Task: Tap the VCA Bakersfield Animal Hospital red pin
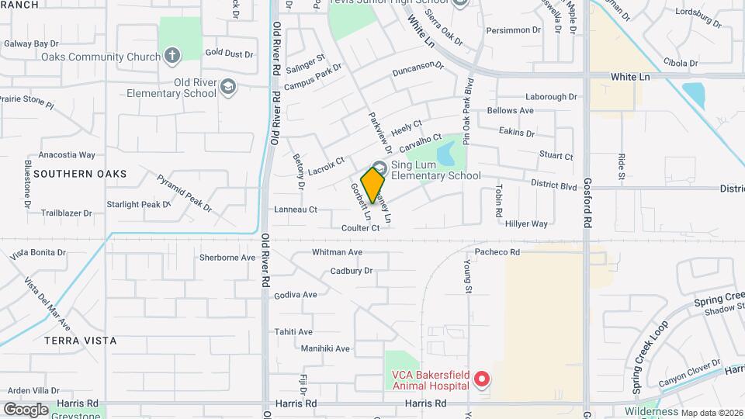(x=482, y=379)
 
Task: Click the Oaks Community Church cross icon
(x=172, y=56)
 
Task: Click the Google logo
(x=26, y=409)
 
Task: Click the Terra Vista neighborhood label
(x=81, y=341)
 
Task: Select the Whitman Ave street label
(x=337, y=252)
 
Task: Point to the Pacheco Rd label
(x=497, y=252)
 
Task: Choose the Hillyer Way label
(x=527, y=223)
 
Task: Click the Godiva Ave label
(x=296, y=295)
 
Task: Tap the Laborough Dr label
(x=551, y=97)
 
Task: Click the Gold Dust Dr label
(x=230, y=54)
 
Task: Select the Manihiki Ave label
(x=325, y=349)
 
